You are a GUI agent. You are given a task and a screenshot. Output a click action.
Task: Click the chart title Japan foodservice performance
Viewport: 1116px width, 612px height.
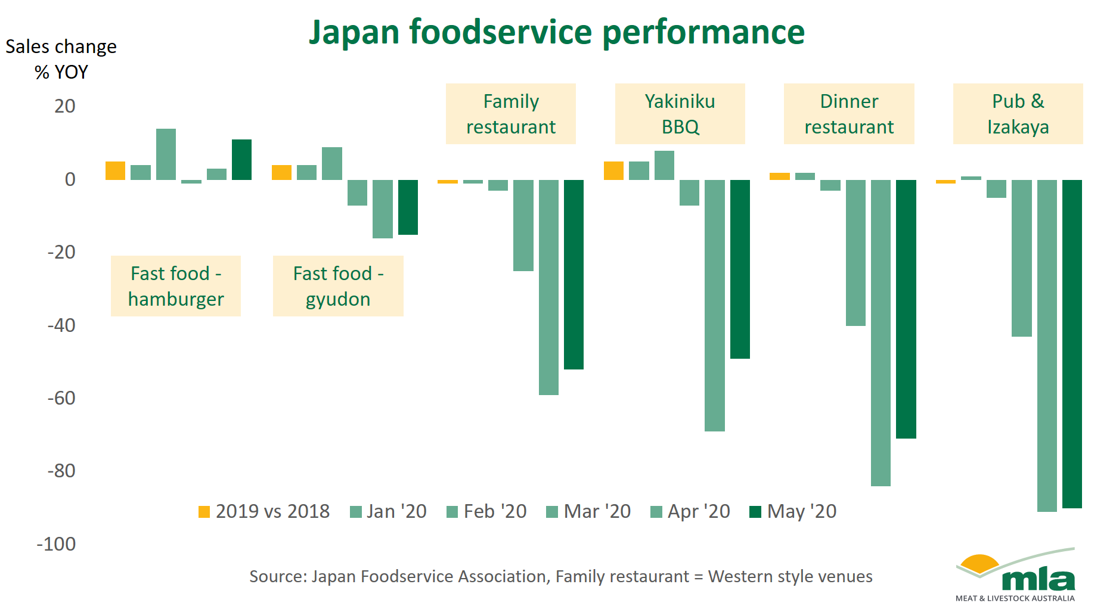pyautogui.click(x=557, y=32)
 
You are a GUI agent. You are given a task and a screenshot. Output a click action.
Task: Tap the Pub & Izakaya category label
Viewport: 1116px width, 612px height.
pyautogui.click(x=1018, y=114)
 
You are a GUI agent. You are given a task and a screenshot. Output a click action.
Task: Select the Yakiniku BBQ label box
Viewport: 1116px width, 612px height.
pyautogui.click(x=680, y=114)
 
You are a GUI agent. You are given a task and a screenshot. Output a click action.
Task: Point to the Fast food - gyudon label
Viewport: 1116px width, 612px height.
pyautogui.click(x=338, y=286)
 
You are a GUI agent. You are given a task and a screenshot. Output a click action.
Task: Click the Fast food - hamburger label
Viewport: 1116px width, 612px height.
pyautogui.click(x=176, y=286)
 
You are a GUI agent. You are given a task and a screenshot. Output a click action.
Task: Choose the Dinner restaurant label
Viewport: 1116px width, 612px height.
pyautogui.click(x=849, y=114)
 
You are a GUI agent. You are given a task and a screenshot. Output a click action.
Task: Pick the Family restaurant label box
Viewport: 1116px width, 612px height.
pyautogui.click(x=511, y=114)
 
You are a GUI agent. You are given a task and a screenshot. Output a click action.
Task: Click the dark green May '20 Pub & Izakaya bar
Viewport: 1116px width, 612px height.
pyautogui.click(x=1072, y=344)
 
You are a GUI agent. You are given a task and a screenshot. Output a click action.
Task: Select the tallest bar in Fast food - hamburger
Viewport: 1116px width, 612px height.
pyautogui.click(x=166, y=154)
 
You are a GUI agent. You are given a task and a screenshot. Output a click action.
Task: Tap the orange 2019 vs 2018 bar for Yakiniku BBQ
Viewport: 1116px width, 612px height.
pyautogui.click(x=613, y=170)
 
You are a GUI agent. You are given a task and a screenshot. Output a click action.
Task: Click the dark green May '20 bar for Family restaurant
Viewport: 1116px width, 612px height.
pyautogui.click(x=573, y=275)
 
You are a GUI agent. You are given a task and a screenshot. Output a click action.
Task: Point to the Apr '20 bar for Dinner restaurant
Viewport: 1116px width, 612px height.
pyautogui.click(x=881, y=333)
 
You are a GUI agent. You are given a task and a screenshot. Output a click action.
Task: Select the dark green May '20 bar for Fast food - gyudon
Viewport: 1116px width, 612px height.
pyautogui.click(x=408, y=207)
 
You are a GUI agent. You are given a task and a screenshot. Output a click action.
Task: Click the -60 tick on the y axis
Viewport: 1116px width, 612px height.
pyautogui.click(x=61, y=398)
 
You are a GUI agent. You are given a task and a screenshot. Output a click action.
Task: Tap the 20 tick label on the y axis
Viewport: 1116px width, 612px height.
pyautogui.click(x=64, y=106)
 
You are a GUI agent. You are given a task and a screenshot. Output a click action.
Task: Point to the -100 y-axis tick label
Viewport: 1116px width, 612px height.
pyautogui.click(x=56, y=544)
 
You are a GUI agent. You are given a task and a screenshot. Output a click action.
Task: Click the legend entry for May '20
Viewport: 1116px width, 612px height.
pyautogui.click(x=793, y=511)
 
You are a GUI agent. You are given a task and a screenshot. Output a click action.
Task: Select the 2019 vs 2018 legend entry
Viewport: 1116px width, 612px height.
pyautogui.click(x=264, y=511)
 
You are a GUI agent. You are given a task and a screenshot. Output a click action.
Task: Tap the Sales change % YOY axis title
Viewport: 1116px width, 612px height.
pyautogui.click(x=61, y=59)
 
